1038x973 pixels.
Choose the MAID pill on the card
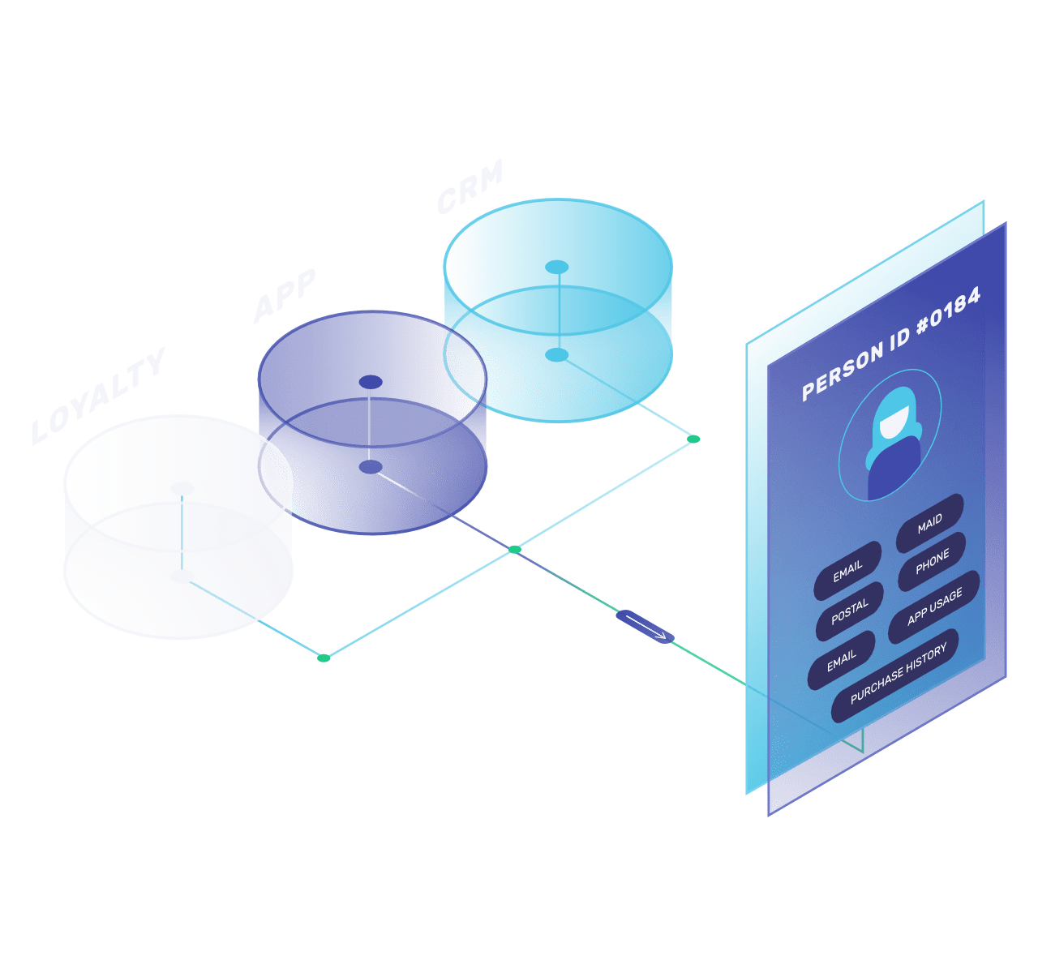tap(929, 522)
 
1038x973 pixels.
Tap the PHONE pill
tap(932, 562)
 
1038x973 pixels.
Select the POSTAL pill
tap(849, 611)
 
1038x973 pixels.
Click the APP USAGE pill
tap(934, 606)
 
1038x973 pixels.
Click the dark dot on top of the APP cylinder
tap(371, 382)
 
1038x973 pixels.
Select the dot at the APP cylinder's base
tap(370, 467)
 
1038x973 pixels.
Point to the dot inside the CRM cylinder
tap(556, 354)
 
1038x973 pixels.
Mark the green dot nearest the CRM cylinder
tap(693, 439)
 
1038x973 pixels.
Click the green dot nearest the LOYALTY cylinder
tap(324, 658)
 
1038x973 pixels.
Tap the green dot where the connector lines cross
tap(514, 550)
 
